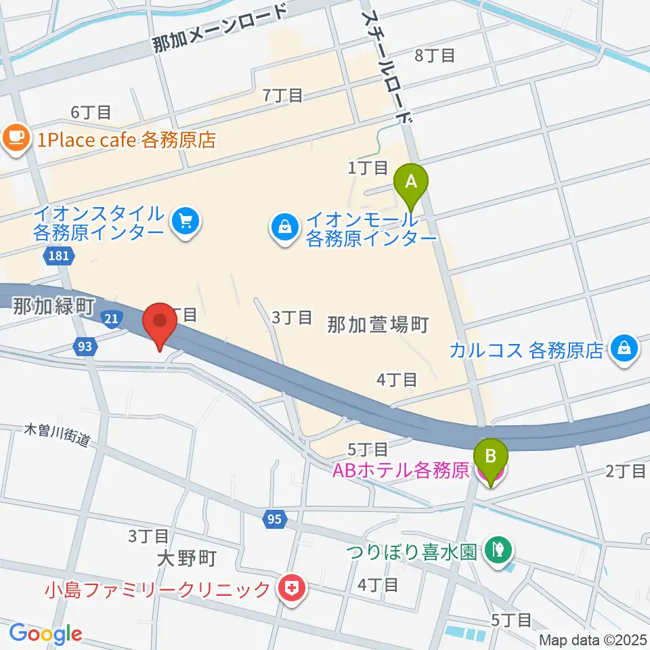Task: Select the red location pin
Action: [x=160, y=323]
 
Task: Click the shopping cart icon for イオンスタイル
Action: [x=184, y=222]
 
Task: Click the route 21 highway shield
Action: [x=112, y=318]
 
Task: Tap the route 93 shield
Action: [x=84, y=347]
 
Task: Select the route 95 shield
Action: [x=274, y=519]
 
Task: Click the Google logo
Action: [x=45, y=633]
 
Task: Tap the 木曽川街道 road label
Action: [x=57, y=435]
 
